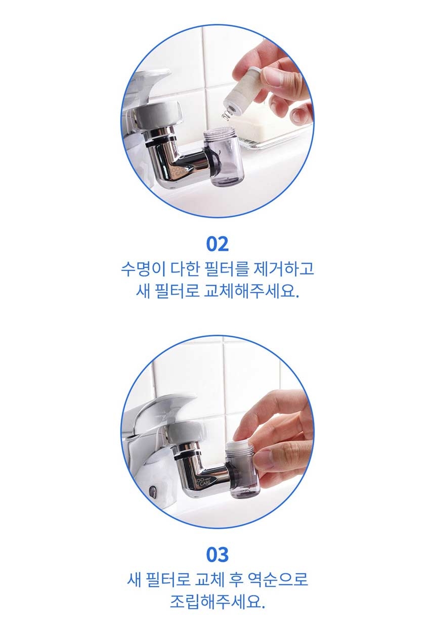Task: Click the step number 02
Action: pos(217,244)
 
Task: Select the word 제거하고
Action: pos(284,269)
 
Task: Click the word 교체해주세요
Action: pos(251,292)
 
